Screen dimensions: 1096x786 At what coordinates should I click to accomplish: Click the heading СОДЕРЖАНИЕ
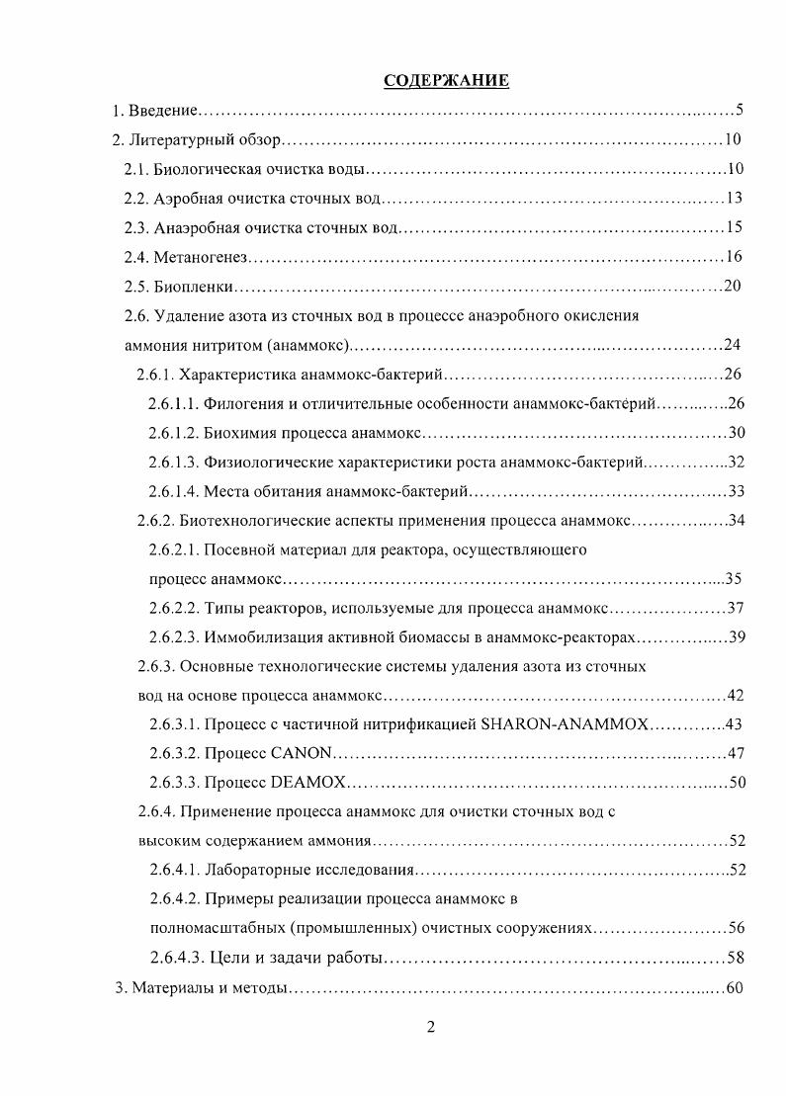446,81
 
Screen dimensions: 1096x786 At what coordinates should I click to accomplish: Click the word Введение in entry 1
163,110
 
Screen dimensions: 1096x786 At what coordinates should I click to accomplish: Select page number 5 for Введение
739,110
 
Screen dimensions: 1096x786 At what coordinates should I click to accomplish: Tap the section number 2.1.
135,169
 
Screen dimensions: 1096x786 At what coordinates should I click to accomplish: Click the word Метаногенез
201,258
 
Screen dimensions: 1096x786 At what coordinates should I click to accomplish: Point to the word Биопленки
194,288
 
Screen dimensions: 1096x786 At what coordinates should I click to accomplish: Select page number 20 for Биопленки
733,288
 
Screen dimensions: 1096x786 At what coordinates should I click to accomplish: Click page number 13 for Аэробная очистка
734,199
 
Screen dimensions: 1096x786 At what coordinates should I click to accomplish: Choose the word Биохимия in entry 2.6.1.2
239,434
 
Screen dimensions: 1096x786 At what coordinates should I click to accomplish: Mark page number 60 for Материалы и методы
734,988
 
